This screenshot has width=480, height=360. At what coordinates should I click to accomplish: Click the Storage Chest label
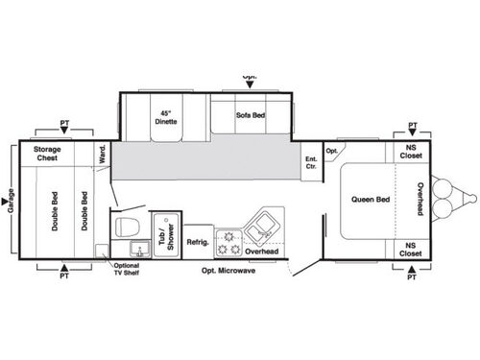tap(48, 155)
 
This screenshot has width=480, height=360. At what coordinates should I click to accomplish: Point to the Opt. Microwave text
tap(228, 270)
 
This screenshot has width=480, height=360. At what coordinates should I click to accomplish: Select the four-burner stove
tap(228, 241)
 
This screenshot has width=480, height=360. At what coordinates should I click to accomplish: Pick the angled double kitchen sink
tap(260, 228)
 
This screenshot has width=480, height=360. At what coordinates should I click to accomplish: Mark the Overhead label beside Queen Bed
tap(420, 200)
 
